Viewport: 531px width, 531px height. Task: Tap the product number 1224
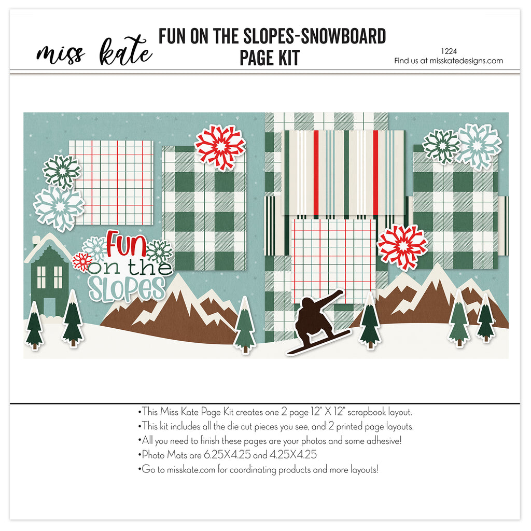[449, 51]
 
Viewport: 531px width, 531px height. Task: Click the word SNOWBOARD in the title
[343, 36]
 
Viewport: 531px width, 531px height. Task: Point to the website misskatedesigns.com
[466, 61]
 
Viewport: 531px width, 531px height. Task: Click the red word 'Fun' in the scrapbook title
[126, 243]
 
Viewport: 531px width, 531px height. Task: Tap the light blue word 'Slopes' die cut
[127, 289]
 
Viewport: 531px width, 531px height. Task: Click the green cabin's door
[49, 307]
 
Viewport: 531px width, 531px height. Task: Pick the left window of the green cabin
[41, 277]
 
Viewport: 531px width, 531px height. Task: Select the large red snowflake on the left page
[220, 147]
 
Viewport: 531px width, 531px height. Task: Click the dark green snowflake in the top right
[442, 147]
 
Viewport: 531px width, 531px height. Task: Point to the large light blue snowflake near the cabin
[59, 207]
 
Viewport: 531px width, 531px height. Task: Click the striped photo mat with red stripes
[343, 173]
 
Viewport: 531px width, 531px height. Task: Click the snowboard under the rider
[319, 342]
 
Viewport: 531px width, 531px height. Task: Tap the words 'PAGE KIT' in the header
[270, 58]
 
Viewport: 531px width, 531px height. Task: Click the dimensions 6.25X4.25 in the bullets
[227, 454]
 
